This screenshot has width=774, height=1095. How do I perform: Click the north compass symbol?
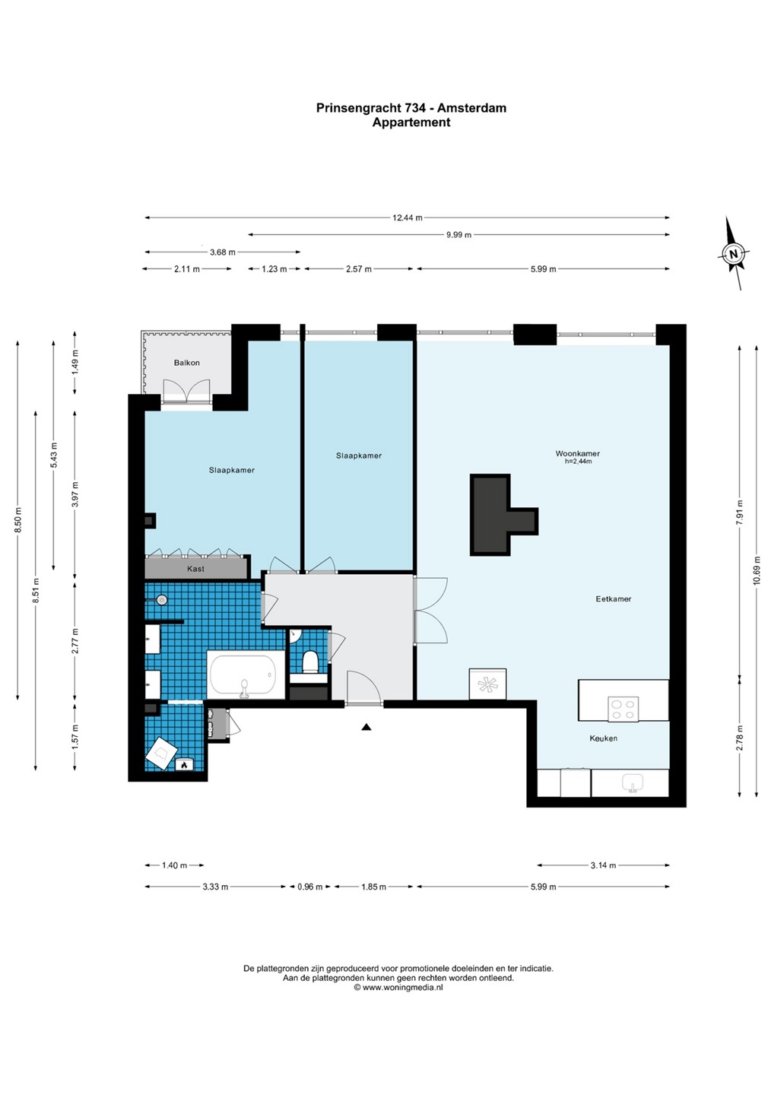(733, 253)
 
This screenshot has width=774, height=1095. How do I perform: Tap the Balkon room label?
(187, 363)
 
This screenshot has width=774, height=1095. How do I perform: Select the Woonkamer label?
(578, 453)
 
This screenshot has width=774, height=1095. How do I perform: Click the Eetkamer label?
(614, 598)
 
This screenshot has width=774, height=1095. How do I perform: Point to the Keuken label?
(604, 738)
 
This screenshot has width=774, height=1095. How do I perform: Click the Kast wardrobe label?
(196, 569)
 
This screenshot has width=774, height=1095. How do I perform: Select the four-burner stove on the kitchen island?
(623, 709)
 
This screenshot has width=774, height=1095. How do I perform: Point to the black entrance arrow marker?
(366, 727)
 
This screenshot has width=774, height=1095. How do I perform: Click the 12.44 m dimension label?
(407, 218)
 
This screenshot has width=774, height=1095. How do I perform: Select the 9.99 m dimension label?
(458, 235)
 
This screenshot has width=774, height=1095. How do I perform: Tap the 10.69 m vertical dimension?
(757, 570)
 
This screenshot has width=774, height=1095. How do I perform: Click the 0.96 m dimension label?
(309, 887)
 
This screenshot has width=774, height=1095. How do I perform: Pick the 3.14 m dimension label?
(604, 865)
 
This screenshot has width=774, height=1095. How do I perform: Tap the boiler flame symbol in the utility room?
(184, 765)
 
